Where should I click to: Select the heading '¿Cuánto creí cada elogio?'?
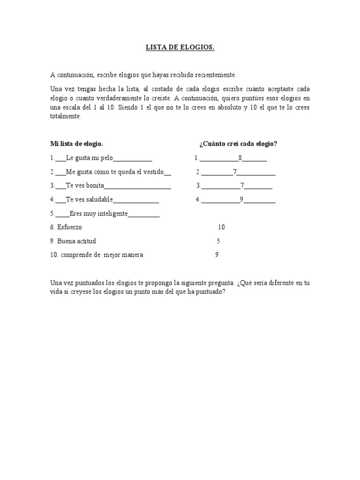pyautogui.click(x=238, y=144)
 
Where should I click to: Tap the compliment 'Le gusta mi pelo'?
pyautogui.click(x=90, y=158)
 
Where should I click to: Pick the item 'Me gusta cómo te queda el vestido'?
pyautogui.click(x=115, y=172)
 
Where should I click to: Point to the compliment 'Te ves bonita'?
pyautogui.click(x=85, y=186)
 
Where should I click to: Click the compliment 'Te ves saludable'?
pyautogui.click(x=90, y=199)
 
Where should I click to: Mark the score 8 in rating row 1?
pyautogui.click(x=240, y=158)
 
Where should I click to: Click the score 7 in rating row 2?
pyautogui.click(x=235, y=172)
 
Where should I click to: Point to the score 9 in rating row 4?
pyautogui.click(x=241, y=199)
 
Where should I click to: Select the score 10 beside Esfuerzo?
pyautogui.click(x=221, y=227)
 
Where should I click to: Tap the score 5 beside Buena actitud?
pyautogui.click(x=218, y=241)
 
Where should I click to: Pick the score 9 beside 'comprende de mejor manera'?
pyautogui.click(x=217, y=255)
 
